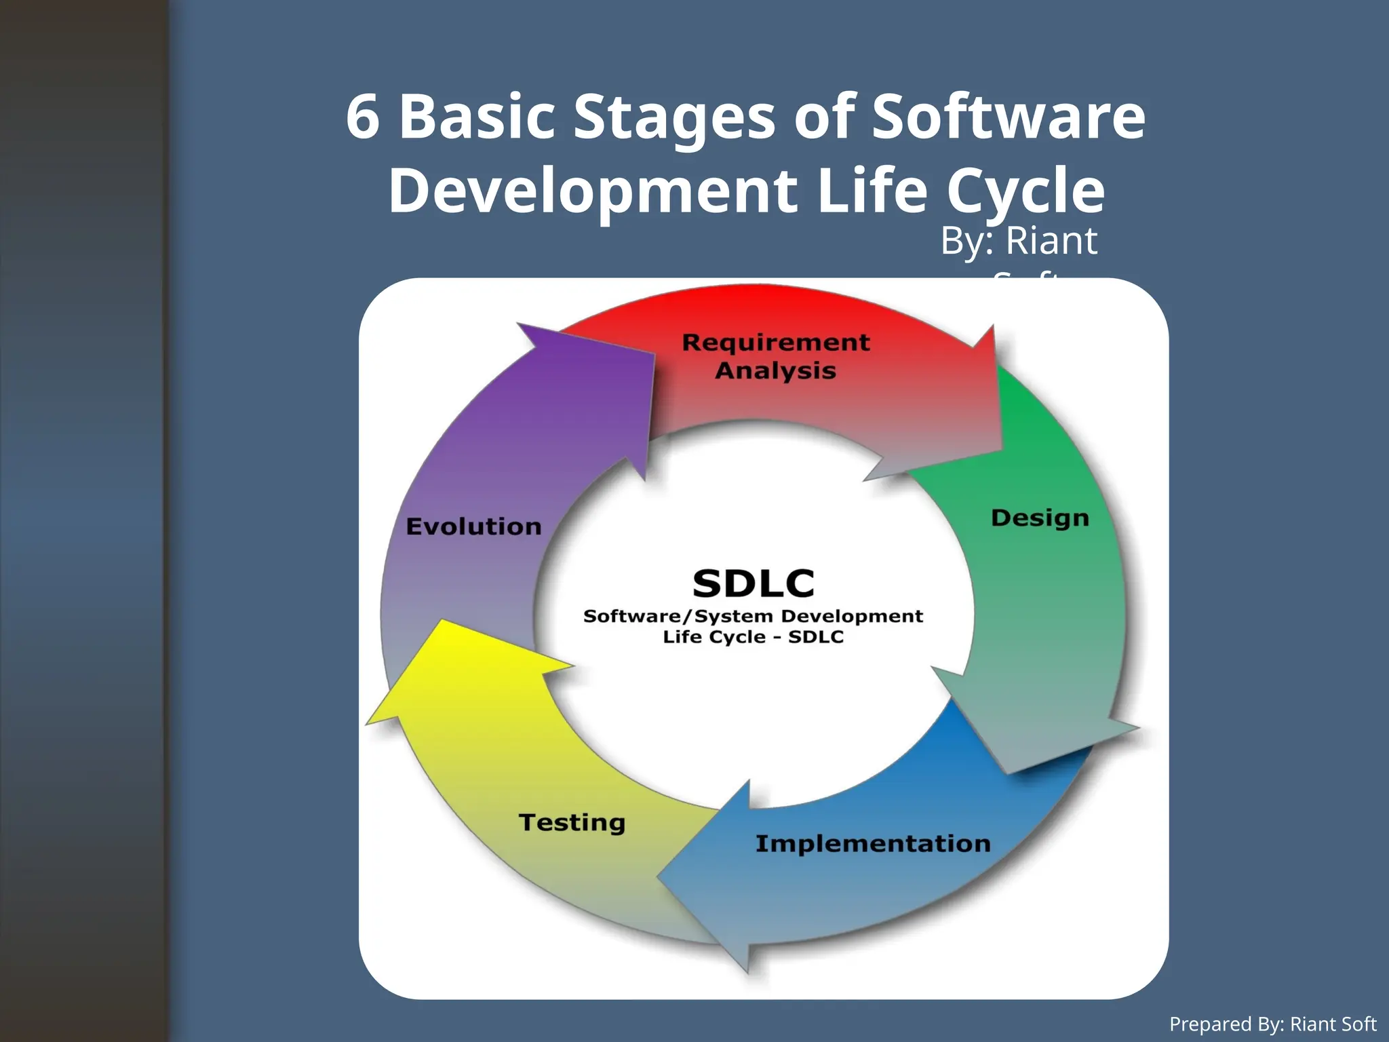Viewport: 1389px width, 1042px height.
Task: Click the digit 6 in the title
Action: coord(363,117)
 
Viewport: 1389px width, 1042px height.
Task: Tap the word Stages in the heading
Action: coord(674,117)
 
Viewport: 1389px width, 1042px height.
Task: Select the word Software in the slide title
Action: coord(1009,117)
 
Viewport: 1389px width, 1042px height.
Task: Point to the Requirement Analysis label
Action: coord(776,356)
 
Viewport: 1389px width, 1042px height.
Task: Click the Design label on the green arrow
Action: coord(1040,518)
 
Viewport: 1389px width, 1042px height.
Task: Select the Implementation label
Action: coord(873,844)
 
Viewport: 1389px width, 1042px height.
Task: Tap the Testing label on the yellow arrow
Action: coord(572,822)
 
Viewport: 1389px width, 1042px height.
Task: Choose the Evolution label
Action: coord(473,527)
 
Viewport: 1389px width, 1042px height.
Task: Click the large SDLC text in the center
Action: coord(754,583)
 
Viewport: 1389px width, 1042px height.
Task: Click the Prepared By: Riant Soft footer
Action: coord(1272,1024)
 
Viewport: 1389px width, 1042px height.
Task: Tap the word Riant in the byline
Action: coord(1051,241)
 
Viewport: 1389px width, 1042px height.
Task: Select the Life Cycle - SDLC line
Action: coord(753,637)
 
